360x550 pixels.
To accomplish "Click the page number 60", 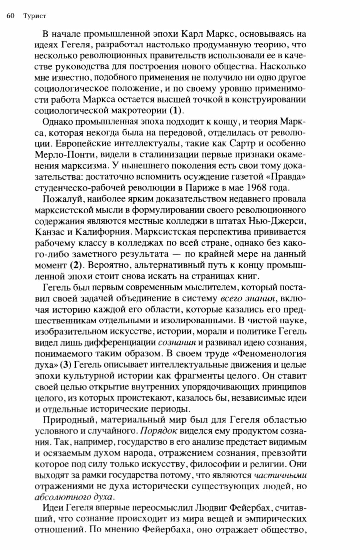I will coord(10,16).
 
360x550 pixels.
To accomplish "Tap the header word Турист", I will coord(35,16).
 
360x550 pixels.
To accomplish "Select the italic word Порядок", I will coord(159,431).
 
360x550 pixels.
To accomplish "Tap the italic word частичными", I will coord(280,475).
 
